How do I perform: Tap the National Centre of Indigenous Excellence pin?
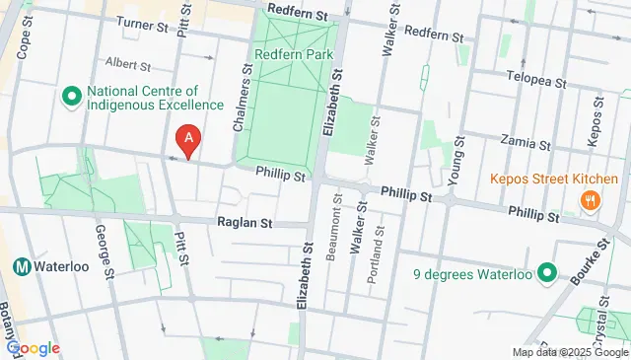(71, 97)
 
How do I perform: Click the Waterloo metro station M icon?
(20, 266)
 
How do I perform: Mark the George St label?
(101, 249)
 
